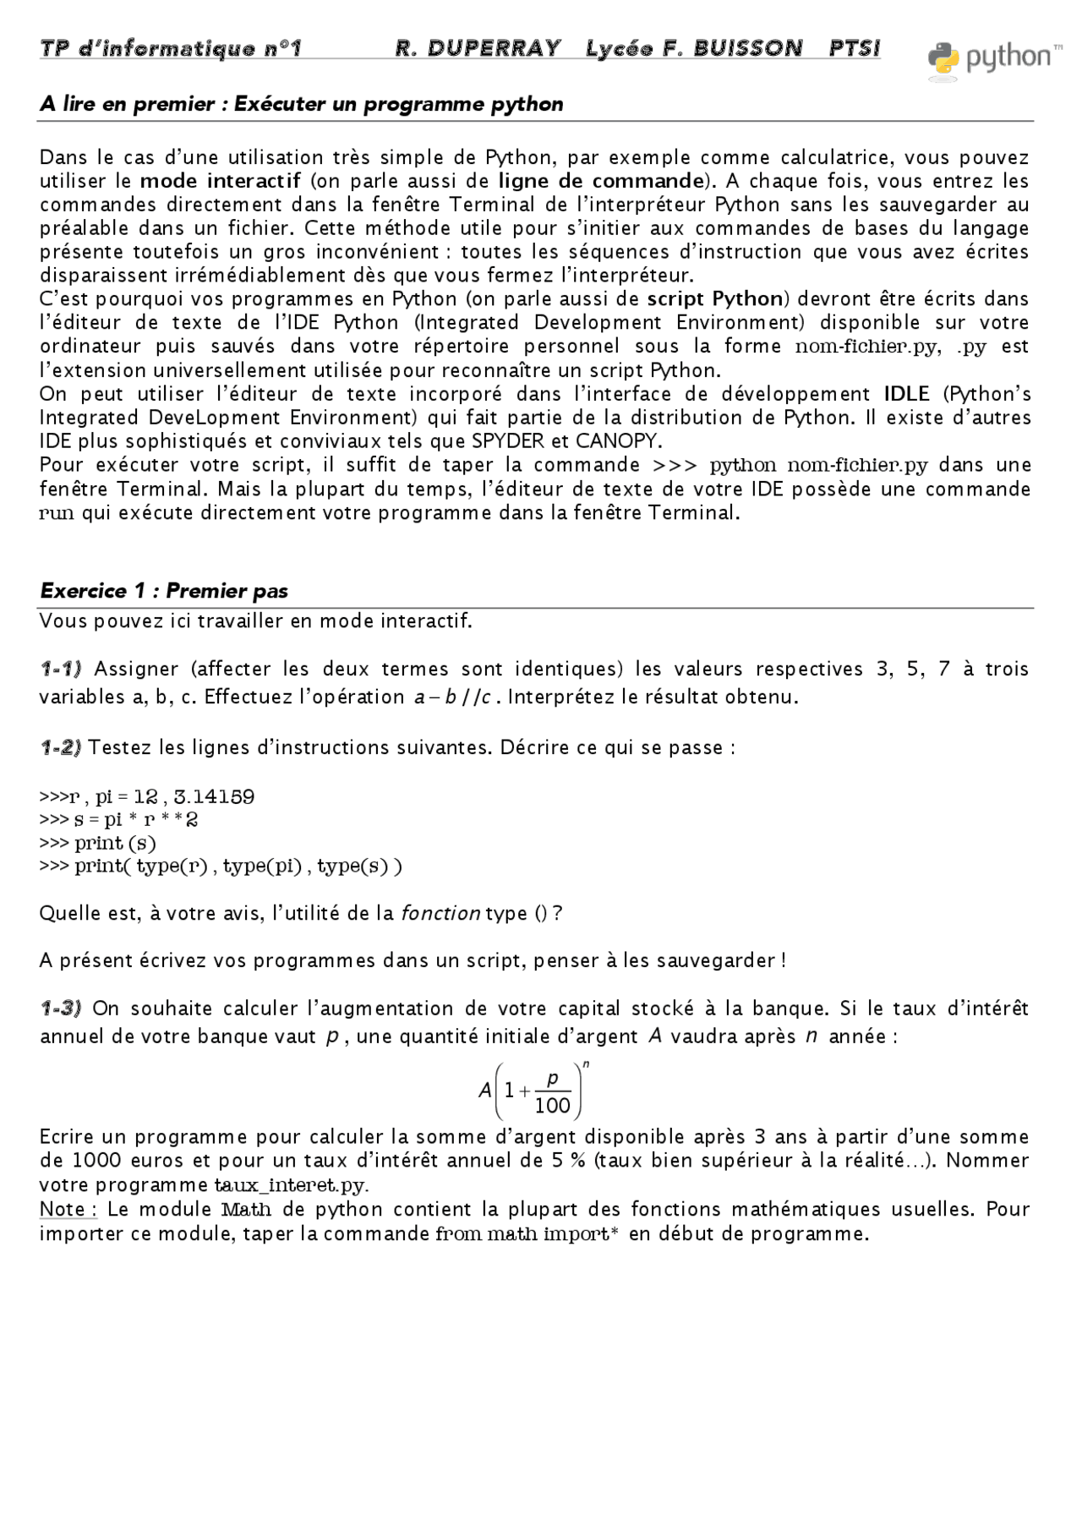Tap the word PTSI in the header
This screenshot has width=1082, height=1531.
click(854, 49)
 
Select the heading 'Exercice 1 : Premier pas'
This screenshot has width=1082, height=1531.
click(164, 591)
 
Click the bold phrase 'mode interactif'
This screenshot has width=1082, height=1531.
click(220, 181)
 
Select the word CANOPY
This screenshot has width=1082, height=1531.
click(619, 441)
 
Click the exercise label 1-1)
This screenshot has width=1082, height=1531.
click(61, 670)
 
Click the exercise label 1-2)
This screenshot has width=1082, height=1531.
click(61, 747)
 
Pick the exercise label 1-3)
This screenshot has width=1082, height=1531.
click(61, 1009)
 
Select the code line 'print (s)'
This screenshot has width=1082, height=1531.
click(115, 843)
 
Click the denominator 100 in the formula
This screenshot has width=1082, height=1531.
click(553, 1106)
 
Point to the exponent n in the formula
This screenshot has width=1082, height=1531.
click(586, 1065)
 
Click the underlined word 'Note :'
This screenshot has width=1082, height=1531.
click(68, 1210)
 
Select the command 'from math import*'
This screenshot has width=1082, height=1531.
click(527, 1234)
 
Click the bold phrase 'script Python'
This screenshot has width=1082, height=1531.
click(715, 299)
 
